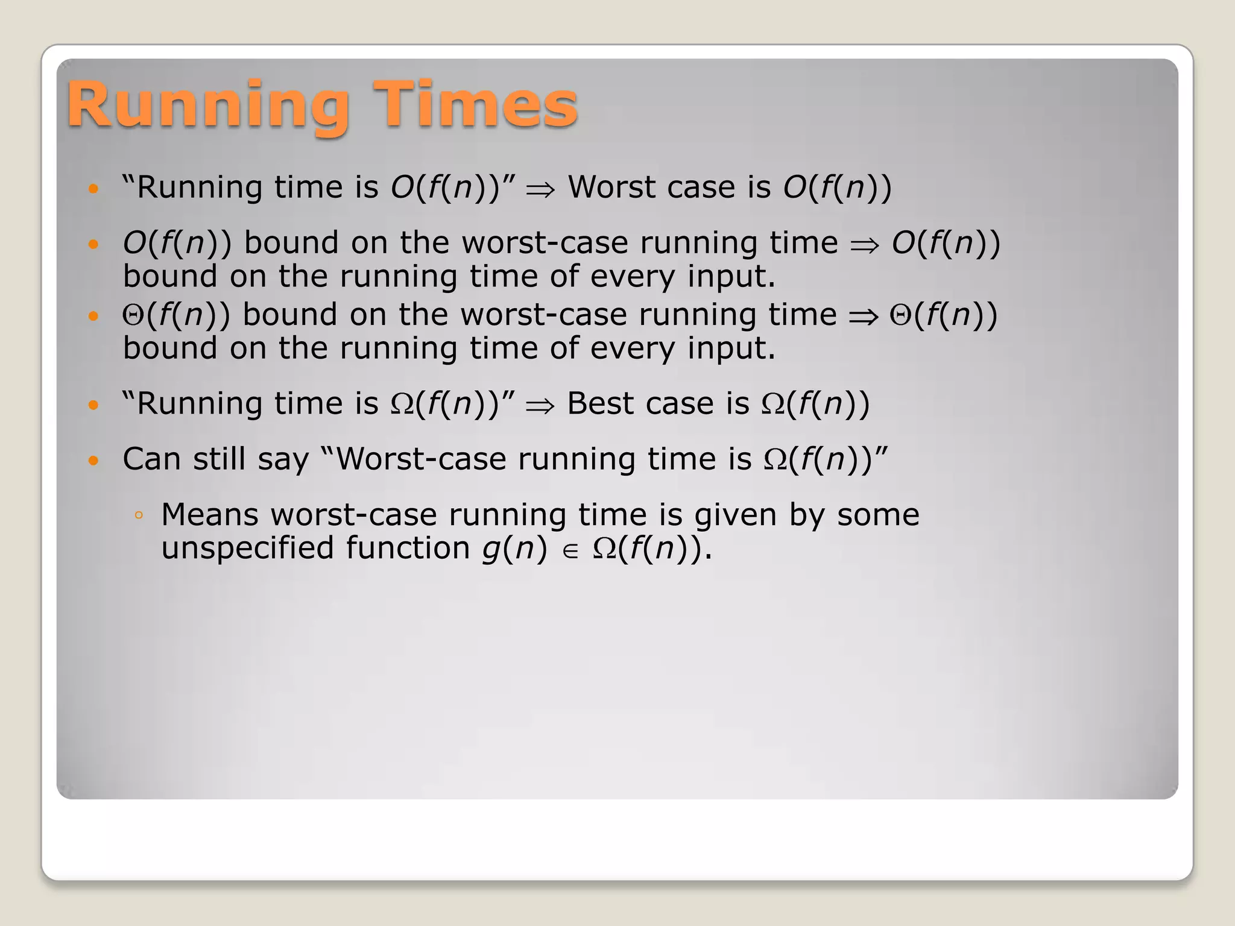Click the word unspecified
pyautogui.click(x=247, y=549)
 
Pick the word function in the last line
pyautogui.click(x=408, y=549)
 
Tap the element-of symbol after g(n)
pyautogui.click(x=570, y=551)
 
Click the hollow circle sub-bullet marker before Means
pyautogui.click(x=139, y=515)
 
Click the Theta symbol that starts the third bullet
pyautogui.click(x=133, y=316)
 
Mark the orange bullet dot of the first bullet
pyautogui.click(x=93, y=189)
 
